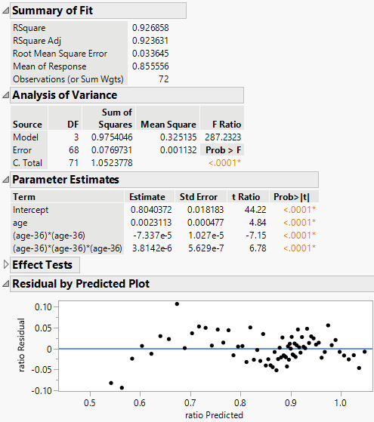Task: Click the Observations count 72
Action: click(163, 79)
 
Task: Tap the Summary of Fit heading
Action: click(50, 11)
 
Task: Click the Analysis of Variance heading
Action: click(64, 95)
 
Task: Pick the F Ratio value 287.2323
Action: click(219, 137)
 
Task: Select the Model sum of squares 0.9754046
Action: click(109, 137)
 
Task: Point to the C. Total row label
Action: click(27, 163)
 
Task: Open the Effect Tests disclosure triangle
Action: click(7, 265)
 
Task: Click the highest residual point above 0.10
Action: click(177, 304)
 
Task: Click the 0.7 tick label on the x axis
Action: click(190, 403)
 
